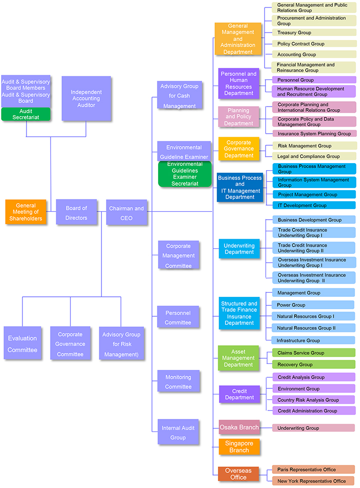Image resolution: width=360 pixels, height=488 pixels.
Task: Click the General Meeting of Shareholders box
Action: click(x=25, y=212)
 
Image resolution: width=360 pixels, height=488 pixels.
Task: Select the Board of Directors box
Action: click(x=76, y=212)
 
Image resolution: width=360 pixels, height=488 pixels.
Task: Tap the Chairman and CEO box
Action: click(x=126, y=212)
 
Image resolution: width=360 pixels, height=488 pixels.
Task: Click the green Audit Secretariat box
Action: click(x=26, y=114)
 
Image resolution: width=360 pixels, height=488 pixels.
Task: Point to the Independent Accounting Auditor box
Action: click(x=86, y=99)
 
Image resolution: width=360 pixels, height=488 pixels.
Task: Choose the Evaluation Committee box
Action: click(x=22, y=343)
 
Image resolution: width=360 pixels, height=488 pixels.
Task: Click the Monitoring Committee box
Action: click(x=178, y=381)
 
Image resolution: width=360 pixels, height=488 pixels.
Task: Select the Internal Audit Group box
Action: click(x=178, y=432)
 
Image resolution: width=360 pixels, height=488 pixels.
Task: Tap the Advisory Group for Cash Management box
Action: click(x=179, y=96)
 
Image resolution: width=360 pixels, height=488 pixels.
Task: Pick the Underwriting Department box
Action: click(x=239, y=249)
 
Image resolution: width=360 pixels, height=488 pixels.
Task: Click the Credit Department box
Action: click(x=239, y=394)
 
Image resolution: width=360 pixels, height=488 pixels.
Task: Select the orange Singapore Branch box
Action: click(x=239, y=446)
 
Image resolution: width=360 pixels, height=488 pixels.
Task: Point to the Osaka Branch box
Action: click(x=239, y=427)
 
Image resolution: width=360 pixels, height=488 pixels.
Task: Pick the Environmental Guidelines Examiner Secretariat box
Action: click(x=185, y=174)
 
